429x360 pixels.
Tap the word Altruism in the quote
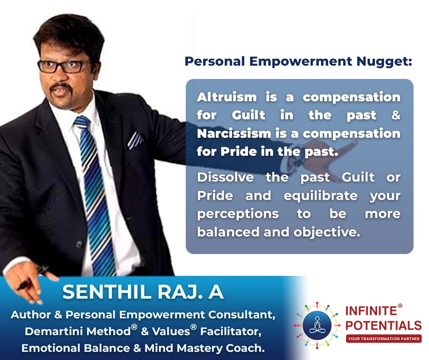pyautogui.click(x=227, y=97)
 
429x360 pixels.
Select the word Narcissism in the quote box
pyautogui.click(x=234, y=133)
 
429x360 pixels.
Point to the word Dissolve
pyautogui.click(x=226, y=177)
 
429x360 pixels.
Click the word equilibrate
pyautogui.click(x=320, y=196)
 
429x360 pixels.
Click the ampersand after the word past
pyautogui.click(x=396, y=115)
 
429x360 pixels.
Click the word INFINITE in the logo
pyautogui.click(x=371, y=311)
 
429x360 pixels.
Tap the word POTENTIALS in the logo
pyautogui.click(x=383, y=326)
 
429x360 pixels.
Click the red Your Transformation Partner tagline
pyautogui.click(x=384, y=339)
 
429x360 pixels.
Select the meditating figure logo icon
pyautogui.click(x=317, y=326)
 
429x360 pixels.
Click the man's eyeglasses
pyautogui.click(x=65, y=67)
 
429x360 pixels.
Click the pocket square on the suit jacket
pyautogui.click(x=135, y=140)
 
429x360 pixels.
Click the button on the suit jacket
pyautogui.click(x=79, y=244)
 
